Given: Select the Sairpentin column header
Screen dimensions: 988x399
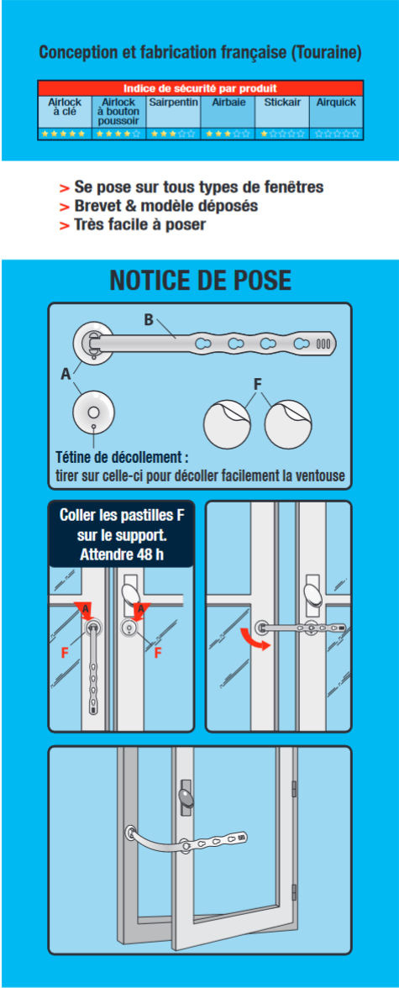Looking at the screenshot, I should click(x=173, y=102).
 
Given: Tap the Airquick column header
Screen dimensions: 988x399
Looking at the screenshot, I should click(x=336, y=102).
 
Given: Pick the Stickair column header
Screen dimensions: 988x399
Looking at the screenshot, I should click(x=281, y=102).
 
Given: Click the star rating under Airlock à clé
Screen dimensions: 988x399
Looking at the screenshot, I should click(x=64, y=134).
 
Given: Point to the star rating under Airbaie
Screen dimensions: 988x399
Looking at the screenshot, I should click(x=228, y=134).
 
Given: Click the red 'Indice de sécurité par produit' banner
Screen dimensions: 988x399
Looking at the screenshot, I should click(x=200, y=87).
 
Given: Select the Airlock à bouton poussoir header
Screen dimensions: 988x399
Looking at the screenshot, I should click(x=118, y=111).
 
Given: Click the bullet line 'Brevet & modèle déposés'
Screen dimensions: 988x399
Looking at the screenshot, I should click(x=165, y=206).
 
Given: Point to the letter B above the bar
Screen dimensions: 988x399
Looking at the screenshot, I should click(x=149, y=319).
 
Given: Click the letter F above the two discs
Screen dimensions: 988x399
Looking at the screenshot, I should click(x=258, y=383).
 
